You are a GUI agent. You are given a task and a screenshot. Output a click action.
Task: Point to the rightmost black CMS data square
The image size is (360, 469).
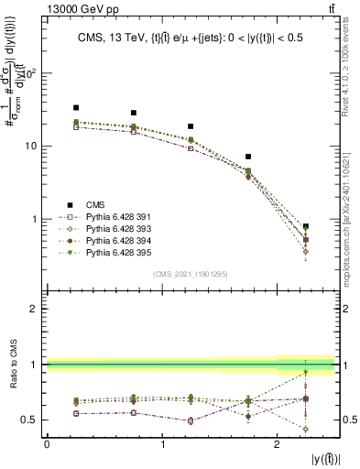306,226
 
